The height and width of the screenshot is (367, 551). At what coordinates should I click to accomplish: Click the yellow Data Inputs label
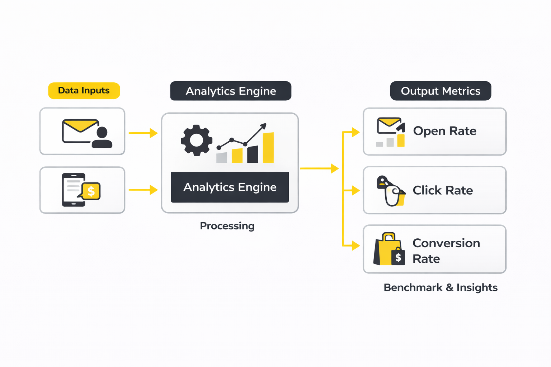pos(84,91)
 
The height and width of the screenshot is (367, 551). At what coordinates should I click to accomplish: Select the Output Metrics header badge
pos(441,91)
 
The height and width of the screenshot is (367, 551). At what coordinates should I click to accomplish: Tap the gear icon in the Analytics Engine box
pos(196,140)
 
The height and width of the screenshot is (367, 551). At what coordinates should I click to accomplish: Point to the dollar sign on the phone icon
pos(91,191)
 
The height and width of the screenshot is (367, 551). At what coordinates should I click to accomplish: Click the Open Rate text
pos(444,131)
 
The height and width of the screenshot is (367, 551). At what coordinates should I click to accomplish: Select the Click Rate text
pos(443,190)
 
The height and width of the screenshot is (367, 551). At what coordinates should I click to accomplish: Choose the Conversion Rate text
pos(446,251)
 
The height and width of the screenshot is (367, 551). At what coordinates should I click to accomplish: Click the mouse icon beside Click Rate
pos(392,192)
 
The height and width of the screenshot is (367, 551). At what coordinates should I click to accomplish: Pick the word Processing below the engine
pos(227,226)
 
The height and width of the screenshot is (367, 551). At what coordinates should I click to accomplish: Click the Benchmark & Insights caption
pos(441,287)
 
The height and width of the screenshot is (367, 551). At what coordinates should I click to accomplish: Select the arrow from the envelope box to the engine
pos(143,133)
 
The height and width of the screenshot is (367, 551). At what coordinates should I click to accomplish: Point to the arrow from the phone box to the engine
pos(143,190)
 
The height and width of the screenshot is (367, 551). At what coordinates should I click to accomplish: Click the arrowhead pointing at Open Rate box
pos(355,132)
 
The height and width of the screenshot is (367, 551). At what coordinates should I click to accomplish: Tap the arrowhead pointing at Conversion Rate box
pos(355,246)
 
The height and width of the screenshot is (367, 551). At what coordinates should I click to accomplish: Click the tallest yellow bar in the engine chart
pos(268,148)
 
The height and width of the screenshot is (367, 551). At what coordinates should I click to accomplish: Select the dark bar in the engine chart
pos(253,154)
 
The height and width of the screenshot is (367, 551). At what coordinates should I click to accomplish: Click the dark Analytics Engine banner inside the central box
pos(230,187)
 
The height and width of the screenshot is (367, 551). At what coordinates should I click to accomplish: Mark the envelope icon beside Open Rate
pos(389,125)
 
